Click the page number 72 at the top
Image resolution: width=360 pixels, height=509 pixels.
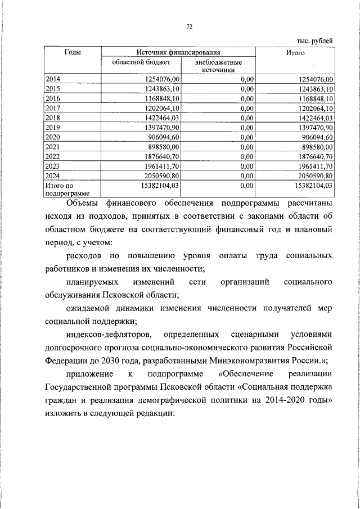(x=190, y=26)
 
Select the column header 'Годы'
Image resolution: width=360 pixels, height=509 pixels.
(x=72, y=52)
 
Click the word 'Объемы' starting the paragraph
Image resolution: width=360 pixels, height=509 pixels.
(x=83, y=203)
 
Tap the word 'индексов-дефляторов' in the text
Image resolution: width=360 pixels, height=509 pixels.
(x=103, y=335)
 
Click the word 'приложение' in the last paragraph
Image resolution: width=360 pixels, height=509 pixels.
(x=88, y=375)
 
